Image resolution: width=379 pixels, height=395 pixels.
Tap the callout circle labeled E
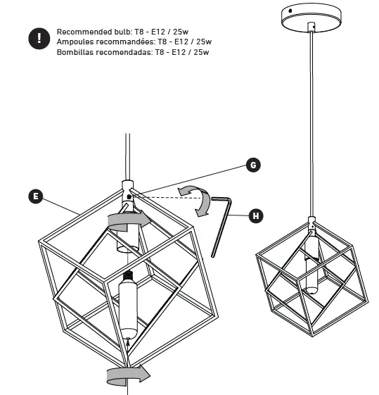(x=35, y=196)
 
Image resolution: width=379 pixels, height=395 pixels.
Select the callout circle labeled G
(x=254, y=165)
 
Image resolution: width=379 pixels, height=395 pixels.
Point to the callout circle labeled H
(x=257, y=215)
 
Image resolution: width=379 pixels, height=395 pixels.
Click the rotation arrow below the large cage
(x=127, y=373)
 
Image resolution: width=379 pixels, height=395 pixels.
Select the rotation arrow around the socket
(x=128, y=222)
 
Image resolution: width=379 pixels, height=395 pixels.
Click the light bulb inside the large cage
(x=129, y=308)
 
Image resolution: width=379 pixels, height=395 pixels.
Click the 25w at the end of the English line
(x=200, y=32)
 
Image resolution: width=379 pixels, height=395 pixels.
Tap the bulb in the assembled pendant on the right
(x=311, y=279)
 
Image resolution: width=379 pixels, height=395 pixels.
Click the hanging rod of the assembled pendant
(x=310, y=127)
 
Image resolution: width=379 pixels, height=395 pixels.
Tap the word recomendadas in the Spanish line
(x=127, y=52)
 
